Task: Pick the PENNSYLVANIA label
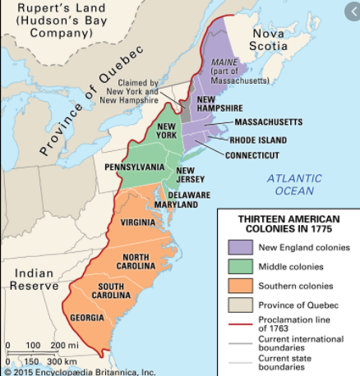pyautogui.click(x=134, y=167)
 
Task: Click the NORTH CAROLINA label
pyautogui.click(x=141, y=262)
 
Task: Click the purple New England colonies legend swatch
pyautogui.click(x=240, y=246)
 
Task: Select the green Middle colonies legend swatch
pyautogui.click(x=240, y=266)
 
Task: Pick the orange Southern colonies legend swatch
pyautogui.click(x=240, y=287)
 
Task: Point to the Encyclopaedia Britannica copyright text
pyautogui.click(x=78, y=371)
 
